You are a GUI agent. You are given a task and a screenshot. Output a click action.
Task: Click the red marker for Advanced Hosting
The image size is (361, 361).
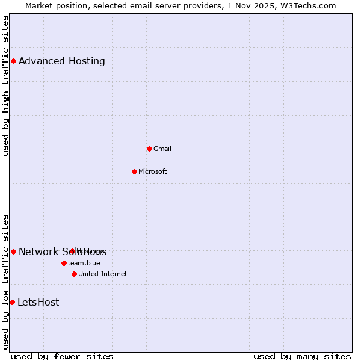pyautogui.click(x=13, y=61)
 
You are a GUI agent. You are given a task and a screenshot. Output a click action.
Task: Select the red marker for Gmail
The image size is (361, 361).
pyautogui.click(x=149, y=149)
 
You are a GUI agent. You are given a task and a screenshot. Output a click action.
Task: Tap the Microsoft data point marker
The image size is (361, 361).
pyautogui.click(x=134, y=171)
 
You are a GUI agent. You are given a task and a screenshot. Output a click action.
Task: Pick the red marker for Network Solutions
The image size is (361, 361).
pyautogui.click(x=13, y=251)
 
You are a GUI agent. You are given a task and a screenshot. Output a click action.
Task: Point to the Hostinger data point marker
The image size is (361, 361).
pyautogui.click(x=72, y=251)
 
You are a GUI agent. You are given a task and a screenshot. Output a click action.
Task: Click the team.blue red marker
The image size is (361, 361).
pyautogui.click(x=64, y=263)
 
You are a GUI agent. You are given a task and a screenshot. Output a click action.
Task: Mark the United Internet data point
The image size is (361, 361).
pyautogui.click(x=74, y=274)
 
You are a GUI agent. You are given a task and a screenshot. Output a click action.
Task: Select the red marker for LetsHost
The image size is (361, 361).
pyautogui.click(x=12, y=302)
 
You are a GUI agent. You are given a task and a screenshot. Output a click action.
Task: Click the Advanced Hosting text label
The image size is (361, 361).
pyautogui.click(x=62, y=61)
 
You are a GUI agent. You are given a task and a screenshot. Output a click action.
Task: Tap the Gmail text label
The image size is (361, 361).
pyautogui.click(x=162, y=149)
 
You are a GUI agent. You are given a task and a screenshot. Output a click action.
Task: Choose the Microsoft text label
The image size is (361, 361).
pyautogui.click(x=153, y=171)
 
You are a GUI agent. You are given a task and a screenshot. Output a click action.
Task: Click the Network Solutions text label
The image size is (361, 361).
pyautogui.click(x=42, y=252)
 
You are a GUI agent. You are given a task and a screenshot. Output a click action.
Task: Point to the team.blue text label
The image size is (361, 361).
pyautogui.click(x=84, y=263)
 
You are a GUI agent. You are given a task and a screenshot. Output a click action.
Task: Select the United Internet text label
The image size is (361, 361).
pyautogui.click(x=103, y=274)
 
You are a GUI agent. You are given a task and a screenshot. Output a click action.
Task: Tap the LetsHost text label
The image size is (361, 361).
pyautogui.click(x=39, y=302)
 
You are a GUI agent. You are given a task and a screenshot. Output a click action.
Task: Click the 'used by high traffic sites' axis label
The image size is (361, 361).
pyautogui.click(x=6, y=85)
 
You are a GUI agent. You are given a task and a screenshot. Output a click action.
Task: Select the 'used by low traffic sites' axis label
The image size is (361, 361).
pyautogui.click(x=6, y=281)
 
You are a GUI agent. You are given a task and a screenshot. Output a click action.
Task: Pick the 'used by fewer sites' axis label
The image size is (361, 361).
pyautogui.click(x=62, y=356)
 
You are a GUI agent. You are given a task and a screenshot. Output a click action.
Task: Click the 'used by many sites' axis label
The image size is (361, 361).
pyautogui.click(x=302, y=356)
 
